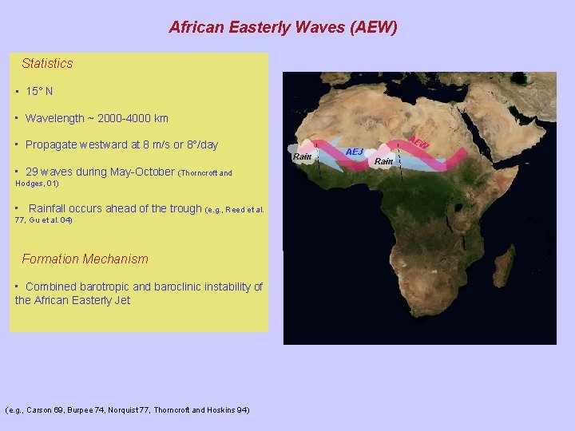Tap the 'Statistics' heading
47,63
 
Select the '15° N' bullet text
39,91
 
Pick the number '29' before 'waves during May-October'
32,172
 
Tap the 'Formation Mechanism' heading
85,259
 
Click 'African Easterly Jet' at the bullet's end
82,300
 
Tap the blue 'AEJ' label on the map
354,152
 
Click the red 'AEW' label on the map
419,142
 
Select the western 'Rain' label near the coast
302,156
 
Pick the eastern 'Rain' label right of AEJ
383,161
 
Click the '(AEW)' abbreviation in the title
370,27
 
